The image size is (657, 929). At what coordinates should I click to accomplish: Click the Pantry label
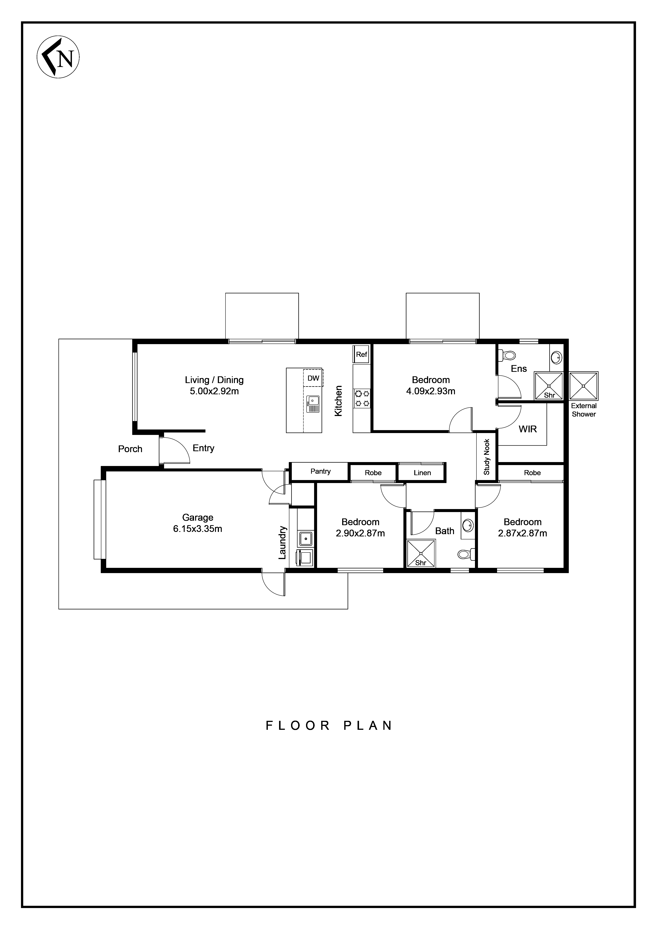321,471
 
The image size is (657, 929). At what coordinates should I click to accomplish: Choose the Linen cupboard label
422,473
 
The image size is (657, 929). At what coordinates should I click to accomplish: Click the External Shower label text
584,410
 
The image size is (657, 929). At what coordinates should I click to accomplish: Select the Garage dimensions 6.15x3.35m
198,529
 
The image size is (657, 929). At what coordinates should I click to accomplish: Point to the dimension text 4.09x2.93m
431,391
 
